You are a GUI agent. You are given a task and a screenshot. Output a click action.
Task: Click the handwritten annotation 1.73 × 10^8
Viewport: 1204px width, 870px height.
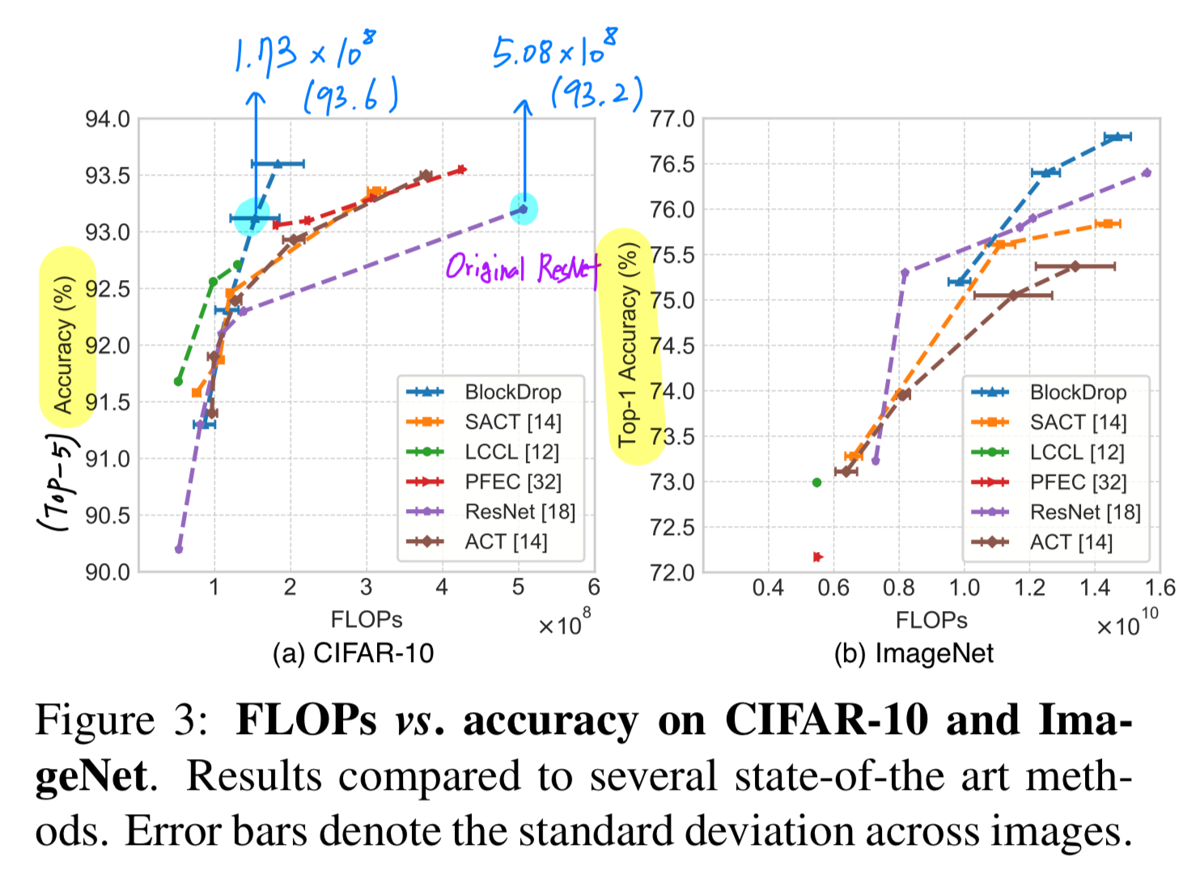(x=304, y=53)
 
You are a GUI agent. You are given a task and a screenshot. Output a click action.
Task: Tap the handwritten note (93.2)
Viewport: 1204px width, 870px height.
(x=596, y=93)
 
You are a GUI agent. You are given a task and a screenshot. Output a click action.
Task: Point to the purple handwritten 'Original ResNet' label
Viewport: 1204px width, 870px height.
(x=522, y=267)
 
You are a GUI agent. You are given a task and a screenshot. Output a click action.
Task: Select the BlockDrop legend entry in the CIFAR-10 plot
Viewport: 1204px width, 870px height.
(x=512, y=393)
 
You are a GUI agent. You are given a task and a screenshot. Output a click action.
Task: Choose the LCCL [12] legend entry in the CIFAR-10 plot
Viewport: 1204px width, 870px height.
(x=511, y=452)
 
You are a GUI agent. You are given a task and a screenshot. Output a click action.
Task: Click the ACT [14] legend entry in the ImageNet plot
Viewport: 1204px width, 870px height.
(x=1070, y=542)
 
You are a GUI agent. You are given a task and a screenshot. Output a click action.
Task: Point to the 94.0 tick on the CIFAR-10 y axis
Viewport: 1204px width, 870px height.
(x=108, y=120)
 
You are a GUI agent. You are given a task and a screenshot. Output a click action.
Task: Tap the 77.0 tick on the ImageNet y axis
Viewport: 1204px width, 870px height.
(x=672, y=120)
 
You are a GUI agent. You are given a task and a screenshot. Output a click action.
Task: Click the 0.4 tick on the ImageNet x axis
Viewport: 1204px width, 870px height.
(x=768, y=588)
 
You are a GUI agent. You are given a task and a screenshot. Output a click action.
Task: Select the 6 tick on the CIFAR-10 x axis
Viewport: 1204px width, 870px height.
(x=594, y=588)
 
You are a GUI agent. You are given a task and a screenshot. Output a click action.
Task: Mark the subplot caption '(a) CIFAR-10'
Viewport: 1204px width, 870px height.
(x=353, y=653)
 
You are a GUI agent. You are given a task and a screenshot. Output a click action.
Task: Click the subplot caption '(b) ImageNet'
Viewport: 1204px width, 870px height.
(x=914, y=653)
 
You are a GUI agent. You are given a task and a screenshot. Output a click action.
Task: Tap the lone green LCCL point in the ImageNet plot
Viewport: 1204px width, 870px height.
(x=816, y=482)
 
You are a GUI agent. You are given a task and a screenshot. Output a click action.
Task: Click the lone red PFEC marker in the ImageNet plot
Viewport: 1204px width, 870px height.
(x=817, y=557)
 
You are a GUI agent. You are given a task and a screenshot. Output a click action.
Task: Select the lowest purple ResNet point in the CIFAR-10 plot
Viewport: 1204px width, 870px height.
(x=179, y=550)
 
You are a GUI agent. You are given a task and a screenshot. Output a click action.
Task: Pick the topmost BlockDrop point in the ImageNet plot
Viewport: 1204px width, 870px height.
(x=1117, y=137)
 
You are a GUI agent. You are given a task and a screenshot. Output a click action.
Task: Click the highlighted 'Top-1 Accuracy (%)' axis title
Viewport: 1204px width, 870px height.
(x=628, y=346)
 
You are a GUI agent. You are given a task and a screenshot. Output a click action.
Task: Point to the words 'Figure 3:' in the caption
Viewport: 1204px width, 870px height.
(x=121, y=719)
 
